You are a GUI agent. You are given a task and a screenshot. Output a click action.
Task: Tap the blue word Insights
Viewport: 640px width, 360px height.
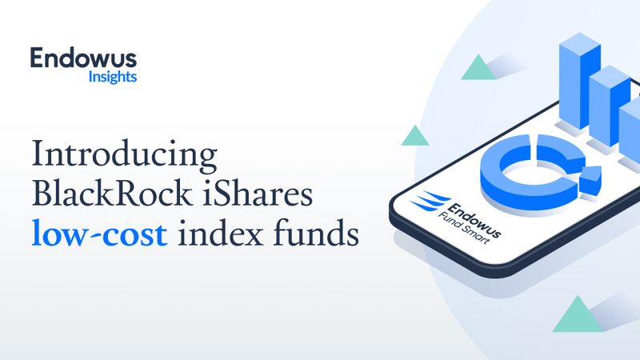tap(113, 78)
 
